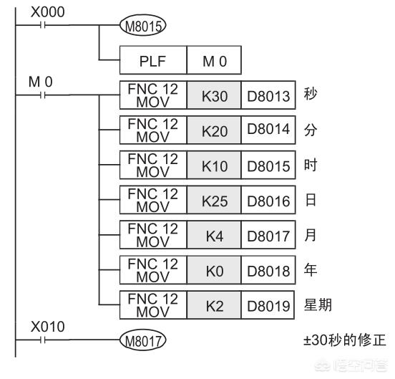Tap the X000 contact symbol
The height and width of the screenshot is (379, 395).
[42, 25]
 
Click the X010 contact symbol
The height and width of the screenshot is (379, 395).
[42, 340]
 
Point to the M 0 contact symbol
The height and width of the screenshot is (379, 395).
[42, 95]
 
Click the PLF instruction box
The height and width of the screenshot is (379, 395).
[153, 60]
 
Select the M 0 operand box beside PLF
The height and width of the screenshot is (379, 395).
[214, 60]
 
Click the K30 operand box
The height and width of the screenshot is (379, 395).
[214, 95]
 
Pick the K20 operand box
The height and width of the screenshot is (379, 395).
[214, 130]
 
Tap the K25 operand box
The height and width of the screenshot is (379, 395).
[214, 200]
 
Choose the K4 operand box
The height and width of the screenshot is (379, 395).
[214, 235]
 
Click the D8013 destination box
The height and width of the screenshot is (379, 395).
[268, 95]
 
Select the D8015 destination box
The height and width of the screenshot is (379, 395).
[268, 165]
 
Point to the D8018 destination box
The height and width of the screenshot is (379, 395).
[268, 270]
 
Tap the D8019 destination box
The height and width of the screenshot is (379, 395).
[268, 305]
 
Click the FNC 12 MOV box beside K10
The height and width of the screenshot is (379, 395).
[153, 165]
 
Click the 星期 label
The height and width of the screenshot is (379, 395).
[318, 304]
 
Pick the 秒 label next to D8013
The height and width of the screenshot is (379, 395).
[311, 94]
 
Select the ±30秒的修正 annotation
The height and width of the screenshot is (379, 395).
[345, 340]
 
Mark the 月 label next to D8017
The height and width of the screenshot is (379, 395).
[311, 235]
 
